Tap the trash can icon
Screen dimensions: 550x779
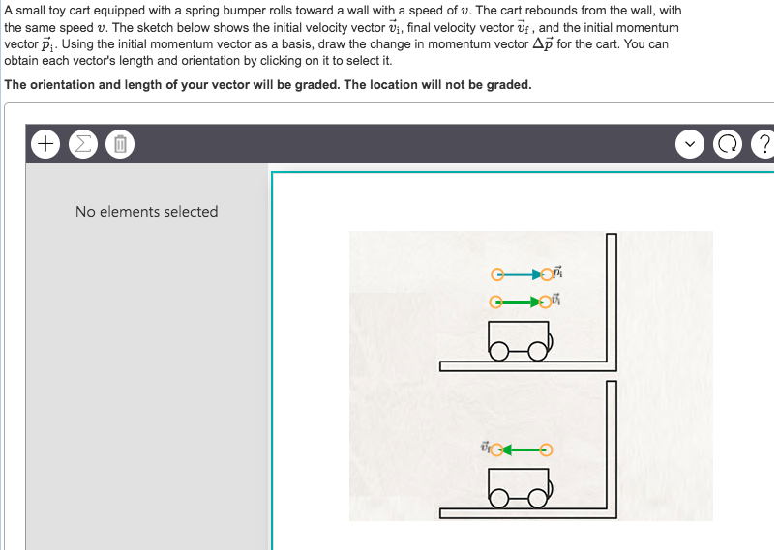point(119,145)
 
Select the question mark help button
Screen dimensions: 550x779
point(764,145)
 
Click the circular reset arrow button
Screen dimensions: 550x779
point(727,145)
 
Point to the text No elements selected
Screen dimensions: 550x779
point(146,211)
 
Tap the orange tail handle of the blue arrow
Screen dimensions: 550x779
point(496,275)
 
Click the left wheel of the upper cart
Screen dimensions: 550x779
point(498,354)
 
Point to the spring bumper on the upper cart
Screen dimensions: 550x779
point(551,339)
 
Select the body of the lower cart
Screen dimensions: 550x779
point(518,480)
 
